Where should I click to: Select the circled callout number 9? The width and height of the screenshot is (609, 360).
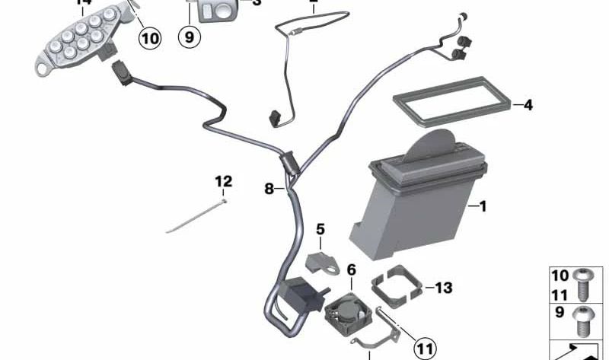tap(190, 35)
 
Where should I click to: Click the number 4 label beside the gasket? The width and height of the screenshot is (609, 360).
tap(528, 105)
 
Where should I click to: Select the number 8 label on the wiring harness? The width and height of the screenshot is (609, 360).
tap(269, 188)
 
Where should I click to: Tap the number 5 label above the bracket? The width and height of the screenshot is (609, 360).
tap(320, 228)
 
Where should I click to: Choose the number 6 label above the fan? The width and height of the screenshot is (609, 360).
tap(351, 269)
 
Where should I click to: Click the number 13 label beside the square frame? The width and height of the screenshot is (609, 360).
tap(443, 288)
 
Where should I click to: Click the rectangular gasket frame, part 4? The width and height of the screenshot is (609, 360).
tap(449, 107)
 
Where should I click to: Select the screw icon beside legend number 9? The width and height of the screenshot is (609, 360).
tap(585, 322)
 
